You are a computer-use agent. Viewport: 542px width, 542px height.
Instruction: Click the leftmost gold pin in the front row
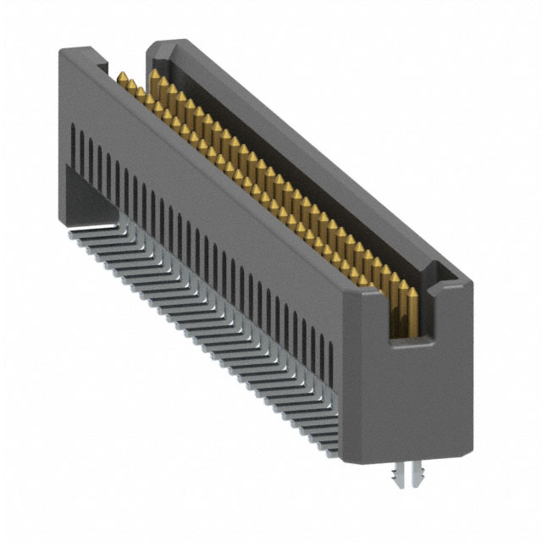tap(123, 81)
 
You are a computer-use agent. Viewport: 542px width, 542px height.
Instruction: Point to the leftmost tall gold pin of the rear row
tap(155, 78)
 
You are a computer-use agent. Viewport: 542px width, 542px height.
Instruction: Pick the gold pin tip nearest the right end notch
tap(411, 292)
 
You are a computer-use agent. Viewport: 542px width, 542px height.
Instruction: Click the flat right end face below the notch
tap(415, 398)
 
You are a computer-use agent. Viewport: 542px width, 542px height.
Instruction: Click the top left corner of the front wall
tap(62, 53)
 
